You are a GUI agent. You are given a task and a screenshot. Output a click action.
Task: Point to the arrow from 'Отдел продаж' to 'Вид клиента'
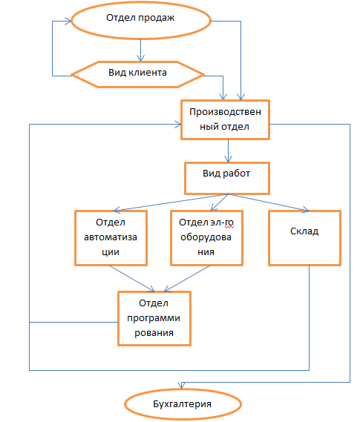pyautogui.click(x=140, y=50)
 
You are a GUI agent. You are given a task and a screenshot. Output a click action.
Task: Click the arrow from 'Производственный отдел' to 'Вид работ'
pyautogui.click(x=229, y=151)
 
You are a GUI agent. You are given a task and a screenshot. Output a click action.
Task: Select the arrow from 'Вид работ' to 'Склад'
pyautogui.click(x=269, y=202)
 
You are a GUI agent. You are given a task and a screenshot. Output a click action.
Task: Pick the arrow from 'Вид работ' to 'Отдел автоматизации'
pyautogui.click(x=171, y=202)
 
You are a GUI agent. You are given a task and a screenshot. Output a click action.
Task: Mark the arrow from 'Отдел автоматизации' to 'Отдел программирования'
pyautogui.click(x=131, y=279)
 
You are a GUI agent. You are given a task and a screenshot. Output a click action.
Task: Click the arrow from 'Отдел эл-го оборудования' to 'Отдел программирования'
pyautogui.click(x=187, y=279)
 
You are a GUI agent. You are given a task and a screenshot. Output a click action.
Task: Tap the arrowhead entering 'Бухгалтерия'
pyautogui.click(x=182, y=386)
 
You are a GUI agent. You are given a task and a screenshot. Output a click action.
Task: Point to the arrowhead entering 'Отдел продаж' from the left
pyautogui.click(x=68, y=22)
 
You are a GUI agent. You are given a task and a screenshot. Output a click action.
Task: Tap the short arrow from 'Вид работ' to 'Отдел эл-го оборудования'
pyautogui.click(x=220, y=202)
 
